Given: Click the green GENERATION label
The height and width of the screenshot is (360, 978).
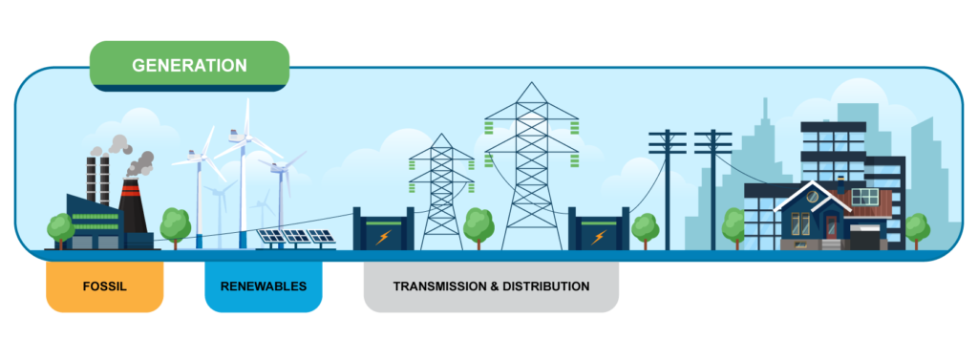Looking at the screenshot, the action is point(190,66).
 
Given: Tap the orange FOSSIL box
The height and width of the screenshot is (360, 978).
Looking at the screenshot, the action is point(105,286).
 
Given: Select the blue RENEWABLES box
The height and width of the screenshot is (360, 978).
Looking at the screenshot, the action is point(264,286).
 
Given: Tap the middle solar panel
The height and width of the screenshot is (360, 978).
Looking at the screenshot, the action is point(296,237).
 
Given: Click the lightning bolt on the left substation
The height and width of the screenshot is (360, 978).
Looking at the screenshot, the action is point(383,237).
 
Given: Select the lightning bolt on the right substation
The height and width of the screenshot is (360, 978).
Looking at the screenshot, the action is point(598,237).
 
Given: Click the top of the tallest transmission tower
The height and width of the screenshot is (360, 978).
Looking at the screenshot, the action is point(531,83).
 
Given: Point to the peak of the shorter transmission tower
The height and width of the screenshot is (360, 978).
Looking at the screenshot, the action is point(441,135).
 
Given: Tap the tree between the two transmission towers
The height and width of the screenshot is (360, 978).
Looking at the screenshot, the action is point(478,227).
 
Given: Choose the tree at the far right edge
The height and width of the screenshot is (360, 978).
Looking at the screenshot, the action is point(917,229).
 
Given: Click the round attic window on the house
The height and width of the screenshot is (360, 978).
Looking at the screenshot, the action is point(812,197).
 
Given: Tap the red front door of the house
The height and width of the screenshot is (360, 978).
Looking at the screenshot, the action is point(832,226).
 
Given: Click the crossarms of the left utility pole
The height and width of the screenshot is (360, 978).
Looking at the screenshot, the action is point(667,142).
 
